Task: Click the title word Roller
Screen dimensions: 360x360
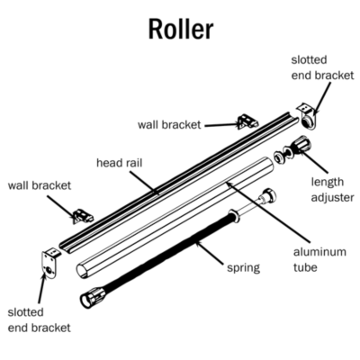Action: (x=181, y=29)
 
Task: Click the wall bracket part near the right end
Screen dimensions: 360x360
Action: (x=247, y=121)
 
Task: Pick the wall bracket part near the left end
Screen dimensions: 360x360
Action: (x=82, y=216)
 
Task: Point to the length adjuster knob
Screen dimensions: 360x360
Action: (x=301, y=146)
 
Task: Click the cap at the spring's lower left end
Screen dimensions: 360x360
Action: (x=93, y=297)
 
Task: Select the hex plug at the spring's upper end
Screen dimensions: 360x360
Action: (x=269, y=195)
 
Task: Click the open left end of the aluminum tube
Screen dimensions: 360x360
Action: (x=83, y=269)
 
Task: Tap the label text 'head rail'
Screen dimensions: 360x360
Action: (x=119, y=163)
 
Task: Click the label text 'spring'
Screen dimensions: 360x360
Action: (x=243, y=267)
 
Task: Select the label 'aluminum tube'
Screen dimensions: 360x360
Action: (x=319, y=259)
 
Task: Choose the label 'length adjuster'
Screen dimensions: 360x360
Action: (x=332, y=190)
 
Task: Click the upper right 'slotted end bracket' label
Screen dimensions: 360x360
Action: (x=322, y=67)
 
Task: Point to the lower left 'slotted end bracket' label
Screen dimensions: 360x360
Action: (x=39, y=319)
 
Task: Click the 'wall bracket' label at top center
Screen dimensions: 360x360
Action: (x=169, y=124)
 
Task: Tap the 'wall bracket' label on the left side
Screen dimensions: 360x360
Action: (x=40, y=185)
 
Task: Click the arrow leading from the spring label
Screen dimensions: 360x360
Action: (x=210, y=254)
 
